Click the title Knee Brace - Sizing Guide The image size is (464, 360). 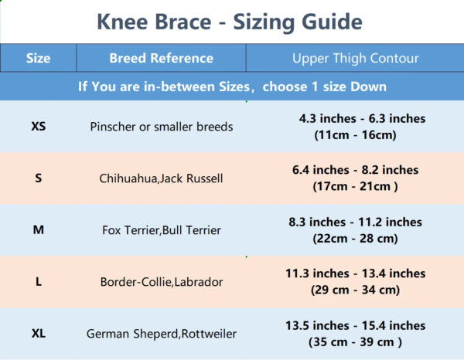pyautogui.click(x=230, y=22)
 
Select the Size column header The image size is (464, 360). pyautogui.click(x=38, y=58)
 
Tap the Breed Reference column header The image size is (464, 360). pyautogui.click(x=162, y=58)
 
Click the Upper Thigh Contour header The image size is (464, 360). pyautogui.click(x=356, y=59)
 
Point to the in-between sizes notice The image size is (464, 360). pyautogui.click(x=232, y=87)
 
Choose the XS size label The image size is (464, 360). pyautogui.click(x=39, y=127)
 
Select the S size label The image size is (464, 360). pyautogui.click(x=39, y=178)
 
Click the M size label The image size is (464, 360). pyautogui.click(x=39, y=229)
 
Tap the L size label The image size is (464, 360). pyautogui.click(x=39, y=282)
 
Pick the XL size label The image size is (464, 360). pyautogui.click(x=39, y=334)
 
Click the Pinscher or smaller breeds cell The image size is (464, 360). pyautogui.click(x=162, y=127)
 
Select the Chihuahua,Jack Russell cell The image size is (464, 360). pyautogui.click(x=162, y=178)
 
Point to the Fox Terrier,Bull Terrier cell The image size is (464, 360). pyautogui.click(x=162, y=230)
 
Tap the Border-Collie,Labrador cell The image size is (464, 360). pyautogui.click(x=162, y=282)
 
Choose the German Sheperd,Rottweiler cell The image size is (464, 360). pyautogui.click(x=162, y=334)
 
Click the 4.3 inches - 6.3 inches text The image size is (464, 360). pyautogui.click(x=362, y=118)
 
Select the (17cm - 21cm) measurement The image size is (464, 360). pyautogui.click(x=355, y=186)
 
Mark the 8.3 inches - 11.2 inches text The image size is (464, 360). pyautogui.click(x=356, y=222)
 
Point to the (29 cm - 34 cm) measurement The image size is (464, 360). pyautogui.click(x=355, y=290)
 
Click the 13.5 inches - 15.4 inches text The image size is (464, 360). pyautogui.click(x=356, y=326)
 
